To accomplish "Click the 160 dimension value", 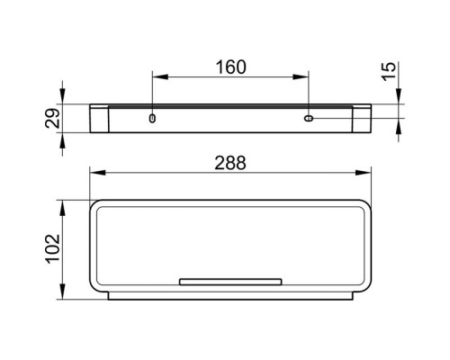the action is tap(231, 67).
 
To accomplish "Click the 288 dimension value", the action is tap(230, 163).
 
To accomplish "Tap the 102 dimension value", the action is tap(53, 248).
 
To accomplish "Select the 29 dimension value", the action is tap(52, 118).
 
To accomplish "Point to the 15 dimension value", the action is tap(389, 71).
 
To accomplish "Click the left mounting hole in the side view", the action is tap(152, 118).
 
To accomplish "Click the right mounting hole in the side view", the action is tap(309, 118).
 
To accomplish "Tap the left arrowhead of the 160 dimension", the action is tap(160, 77).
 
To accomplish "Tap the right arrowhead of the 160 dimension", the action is tap(301, 77).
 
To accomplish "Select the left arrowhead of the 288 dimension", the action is tap(97, 173).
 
